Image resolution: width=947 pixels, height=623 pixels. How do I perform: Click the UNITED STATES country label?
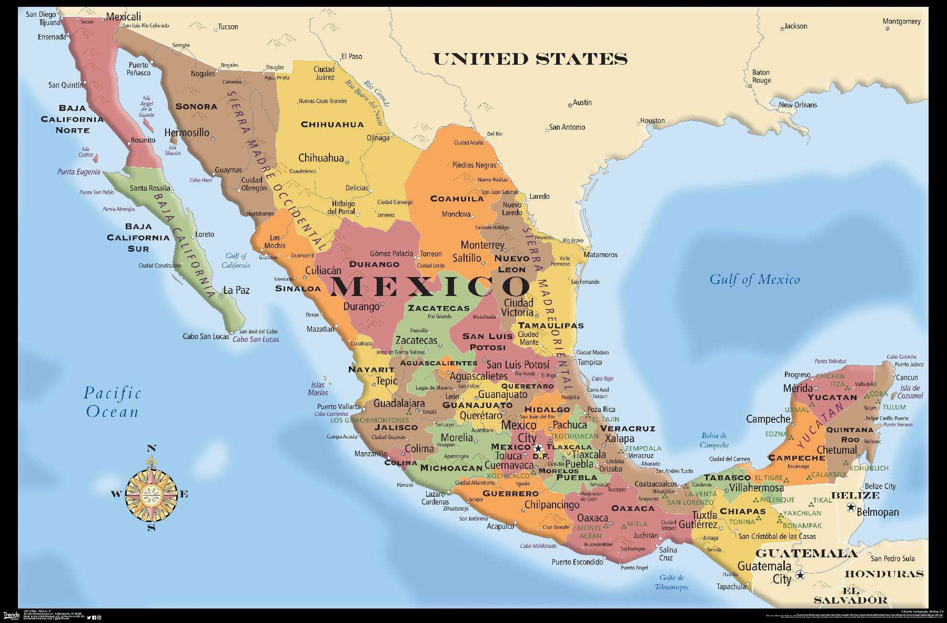pyautogui.click(x=530, y=58)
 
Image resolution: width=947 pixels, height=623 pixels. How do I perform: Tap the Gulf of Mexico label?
pyautogui.click(x=754, y=280)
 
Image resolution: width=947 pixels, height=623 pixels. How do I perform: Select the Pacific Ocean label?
pyautogui.click(x=112, y=402)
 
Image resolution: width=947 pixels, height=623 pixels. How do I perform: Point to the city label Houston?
pyautogui.click(x=652, y=120)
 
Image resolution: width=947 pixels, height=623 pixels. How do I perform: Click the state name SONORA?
pyautogui.click(x=196, y=106)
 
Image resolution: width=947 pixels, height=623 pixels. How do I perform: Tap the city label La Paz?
pyautogui.click(x=236, y=290)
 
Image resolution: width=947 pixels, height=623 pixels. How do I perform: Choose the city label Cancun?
pyautogui.click(x=906, y=377)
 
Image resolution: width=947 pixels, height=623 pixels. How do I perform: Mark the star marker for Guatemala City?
pyautogui.click(x=800, y=575)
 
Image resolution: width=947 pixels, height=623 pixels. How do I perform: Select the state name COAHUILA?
pyautogui.click(x=457, y=199)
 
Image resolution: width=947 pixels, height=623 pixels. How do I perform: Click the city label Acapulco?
pyautogui.click(x=500, y=526)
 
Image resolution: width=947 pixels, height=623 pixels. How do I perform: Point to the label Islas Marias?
pyautogui.click(x=318, y=389)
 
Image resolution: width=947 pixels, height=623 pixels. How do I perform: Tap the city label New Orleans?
pyautogui.click(x=798, y=105)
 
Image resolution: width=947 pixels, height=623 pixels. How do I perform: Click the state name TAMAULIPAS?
pyautogui.click(x=550, y=325)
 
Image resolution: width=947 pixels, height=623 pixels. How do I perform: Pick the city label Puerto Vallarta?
pyautogui.click(x=338, y=406)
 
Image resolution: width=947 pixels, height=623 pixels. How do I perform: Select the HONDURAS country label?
pyautogui.click(x=884, y=574)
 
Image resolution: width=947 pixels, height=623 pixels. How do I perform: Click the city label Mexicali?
pyautogui.click(x=124, y=16)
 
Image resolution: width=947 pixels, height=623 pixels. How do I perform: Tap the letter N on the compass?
pyautogui.click(x=151, y=448)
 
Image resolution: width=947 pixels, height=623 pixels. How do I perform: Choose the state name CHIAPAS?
pyautogui.click(x=742, y=511)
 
